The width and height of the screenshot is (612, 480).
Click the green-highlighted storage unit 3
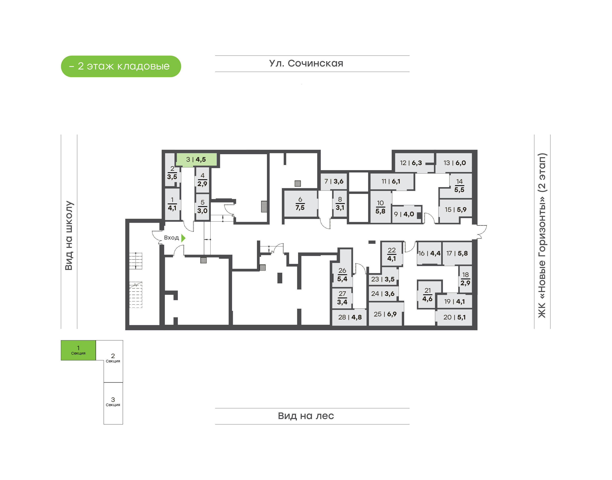(196, 159)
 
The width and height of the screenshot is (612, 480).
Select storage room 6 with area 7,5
(300, 204)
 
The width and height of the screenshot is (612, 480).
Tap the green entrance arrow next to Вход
(183, 238)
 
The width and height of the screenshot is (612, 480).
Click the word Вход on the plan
(171, 238)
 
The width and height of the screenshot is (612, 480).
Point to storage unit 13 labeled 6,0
(453, 163)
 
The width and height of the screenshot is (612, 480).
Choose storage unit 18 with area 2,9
(465, 279)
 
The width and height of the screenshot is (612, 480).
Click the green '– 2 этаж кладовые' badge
(121, 66)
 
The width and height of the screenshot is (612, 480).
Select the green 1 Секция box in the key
(78, 350)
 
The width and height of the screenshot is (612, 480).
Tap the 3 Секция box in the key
(113, 403)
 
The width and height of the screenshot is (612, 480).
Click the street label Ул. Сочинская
(306, 64)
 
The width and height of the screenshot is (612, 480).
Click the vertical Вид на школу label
(69, 236)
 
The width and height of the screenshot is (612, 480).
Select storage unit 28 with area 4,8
(349, 317)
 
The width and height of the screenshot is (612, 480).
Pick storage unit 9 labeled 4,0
(406, 214)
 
